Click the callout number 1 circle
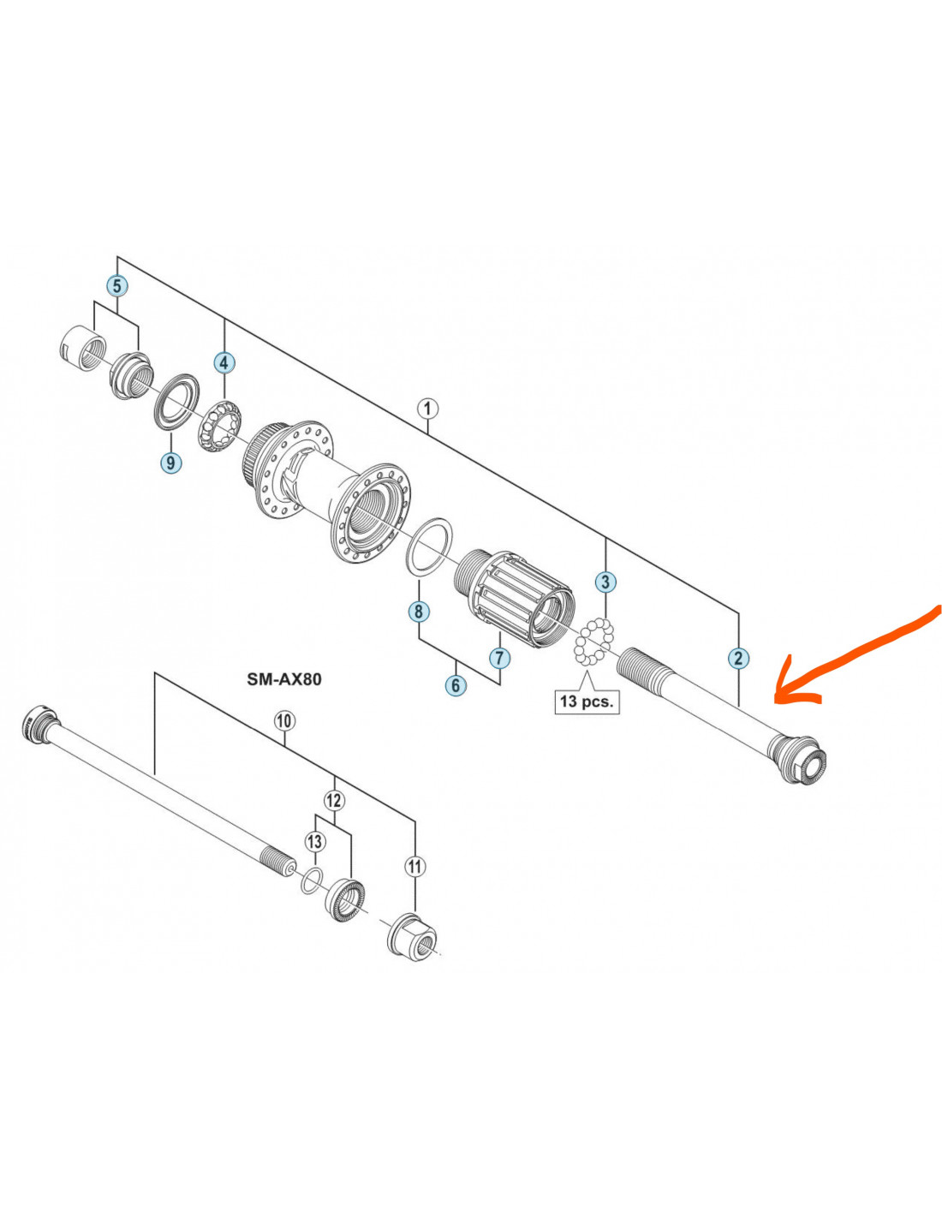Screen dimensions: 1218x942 (x=427, y=409)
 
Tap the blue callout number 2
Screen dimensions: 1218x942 (x=738, y=658)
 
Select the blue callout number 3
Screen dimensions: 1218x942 (x=605, y=582)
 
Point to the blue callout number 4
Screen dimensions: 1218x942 (x=224, y=362)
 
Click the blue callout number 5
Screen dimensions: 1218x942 (x=116, y=285)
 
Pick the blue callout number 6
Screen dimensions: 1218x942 (x=456, y=685)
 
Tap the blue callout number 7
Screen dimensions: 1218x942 (x=500, y=658)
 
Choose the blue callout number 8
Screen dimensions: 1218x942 (x=418, y=612)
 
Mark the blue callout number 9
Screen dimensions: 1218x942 (x=171, y=463)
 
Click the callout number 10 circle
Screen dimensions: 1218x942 (x=284, y=720)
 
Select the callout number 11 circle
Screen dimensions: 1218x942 (x=415, y=867)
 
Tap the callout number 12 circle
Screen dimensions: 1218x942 (x=334, y=800)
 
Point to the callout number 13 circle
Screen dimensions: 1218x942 (x=315, y=841)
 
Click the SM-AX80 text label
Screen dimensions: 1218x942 (x=284, y=679)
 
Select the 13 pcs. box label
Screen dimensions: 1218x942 (x=587, y=702)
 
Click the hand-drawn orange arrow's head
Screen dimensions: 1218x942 (x=781, y=694)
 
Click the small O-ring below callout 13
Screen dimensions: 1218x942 (x=312, y=880)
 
